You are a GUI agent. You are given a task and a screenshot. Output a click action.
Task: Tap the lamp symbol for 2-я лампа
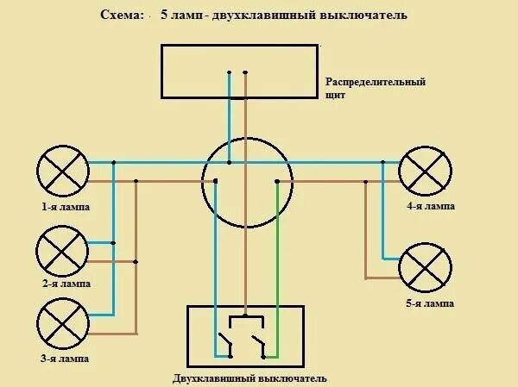[x=60, y=251]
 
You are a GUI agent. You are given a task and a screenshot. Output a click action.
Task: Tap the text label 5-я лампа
[x=429, y=304]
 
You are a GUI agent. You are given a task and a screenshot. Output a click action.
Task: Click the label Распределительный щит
[x=376, y=88]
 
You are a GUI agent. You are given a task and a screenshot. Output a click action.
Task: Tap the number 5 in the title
[x=163, y=16]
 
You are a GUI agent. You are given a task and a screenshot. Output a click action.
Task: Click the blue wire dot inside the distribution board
[x=230, y=72]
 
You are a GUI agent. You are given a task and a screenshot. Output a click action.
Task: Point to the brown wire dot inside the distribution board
[x=246, y=72]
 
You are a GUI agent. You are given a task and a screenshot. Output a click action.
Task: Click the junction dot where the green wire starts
[x=276, y=181]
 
